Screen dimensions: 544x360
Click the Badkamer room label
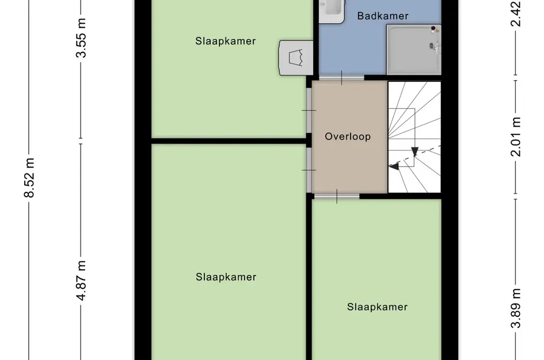[x=383, y=16]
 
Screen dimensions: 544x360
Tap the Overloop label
[x=348, y=137]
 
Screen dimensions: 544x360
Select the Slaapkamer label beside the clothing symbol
[x=226, y=41]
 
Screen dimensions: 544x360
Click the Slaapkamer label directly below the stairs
[x=377, y=307]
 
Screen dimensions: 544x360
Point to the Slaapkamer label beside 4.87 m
[x=226, y=277]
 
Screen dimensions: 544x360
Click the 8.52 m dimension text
[x=29, y=178]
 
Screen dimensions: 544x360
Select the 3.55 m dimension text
[x=81, y=38]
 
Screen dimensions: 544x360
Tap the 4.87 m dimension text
[x=81, y=281]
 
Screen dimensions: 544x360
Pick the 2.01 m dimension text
[x=516, y=137]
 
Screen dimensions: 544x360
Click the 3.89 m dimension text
[x=516, y=308]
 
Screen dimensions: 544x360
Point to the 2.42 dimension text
[x=516, y=14]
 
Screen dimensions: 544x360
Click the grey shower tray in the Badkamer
[x=413, y=50]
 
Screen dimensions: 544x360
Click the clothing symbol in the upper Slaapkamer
[x=296, y=58]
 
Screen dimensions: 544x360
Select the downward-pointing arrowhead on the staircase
[x=414, y=151]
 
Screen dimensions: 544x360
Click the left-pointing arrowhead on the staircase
[x=393, y=166]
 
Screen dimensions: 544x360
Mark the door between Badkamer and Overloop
[x=341, y=78]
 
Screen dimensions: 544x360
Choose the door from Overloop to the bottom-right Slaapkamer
[x=337, y=196]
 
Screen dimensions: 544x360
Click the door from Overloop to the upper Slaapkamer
[x=309, y=111]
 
